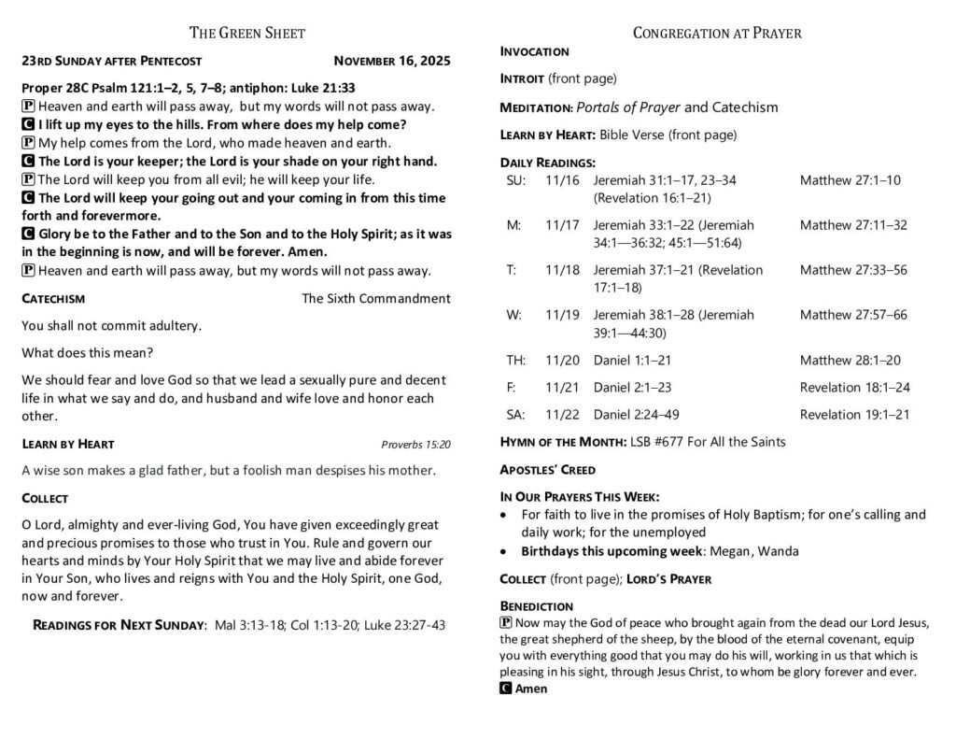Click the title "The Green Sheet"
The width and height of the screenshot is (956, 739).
pos(246,34)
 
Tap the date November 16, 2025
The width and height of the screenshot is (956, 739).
pos(391,62)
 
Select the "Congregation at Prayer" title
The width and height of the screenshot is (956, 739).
pos(716,34)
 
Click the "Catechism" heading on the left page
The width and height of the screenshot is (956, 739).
pos(53,299)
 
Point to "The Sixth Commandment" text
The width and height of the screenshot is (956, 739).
pos(376,299)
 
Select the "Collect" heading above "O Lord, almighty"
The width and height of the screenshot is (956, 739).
pos(45,499)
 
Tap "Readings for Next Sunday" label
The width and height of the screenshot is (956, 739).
pos(119,625)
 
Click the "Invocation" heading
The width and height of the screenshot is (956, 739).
pos(534,51)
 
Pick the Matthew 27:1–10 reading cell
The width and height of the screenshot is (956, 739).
pos(850,180)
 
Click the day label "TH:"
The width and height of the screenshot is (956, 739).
pos(516,361)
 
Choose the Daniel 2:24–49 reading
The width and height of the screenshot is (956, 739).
pos(636,414)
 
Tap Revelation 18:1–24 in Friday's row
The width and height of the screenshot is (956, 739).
pos(854,387)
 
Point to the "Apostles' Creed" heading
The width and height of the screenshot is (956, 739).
pos(547,469)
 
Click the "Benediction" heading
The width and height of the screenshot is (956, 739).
pos(536,606)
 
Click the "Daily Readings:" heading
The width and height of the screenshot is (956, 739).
pos(547,163)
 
